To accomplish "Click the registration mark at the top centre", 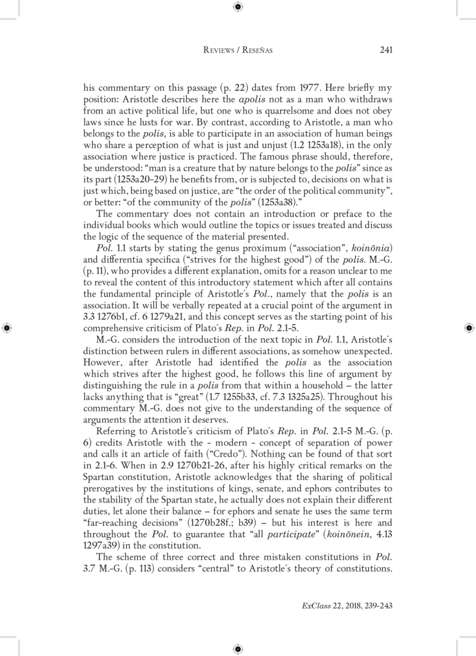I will tap(237, 7).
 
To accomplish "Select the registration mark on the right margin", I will tap(468, 327).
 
